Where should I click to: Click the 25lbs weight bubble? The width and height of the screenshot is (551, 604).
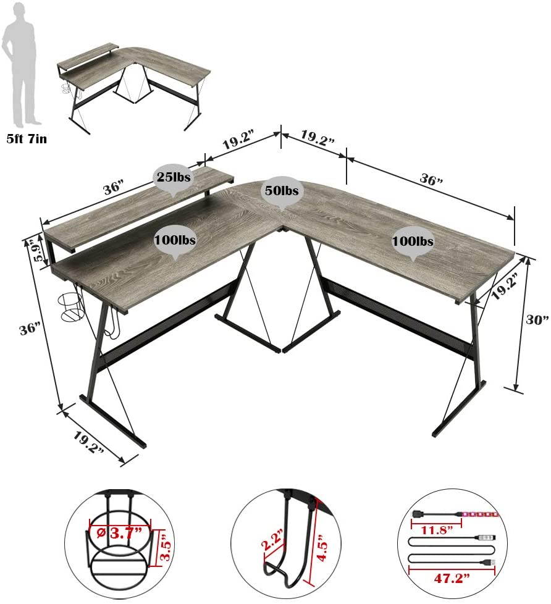(x=173, y=177)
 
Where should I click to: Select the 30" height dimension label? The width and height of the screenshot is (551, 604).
(x=537, y=319)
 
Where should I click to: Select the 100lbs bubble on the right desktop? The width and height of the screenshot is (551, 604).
(x=413, y=240)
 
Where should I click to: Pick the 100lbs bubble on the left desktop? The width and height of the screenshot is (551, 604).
(x=175, y=240)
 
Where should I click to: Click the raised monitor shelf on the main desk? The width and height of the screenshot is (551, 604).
(x=136, y=204)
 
